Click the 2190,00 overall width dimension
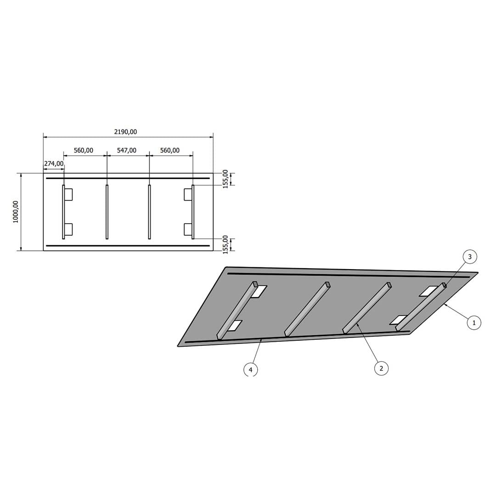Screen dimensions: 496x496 (125, 132)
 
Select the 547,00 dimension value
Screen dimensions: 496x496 (127, 150)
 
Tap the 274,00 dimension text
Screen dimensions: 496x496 (54, 163)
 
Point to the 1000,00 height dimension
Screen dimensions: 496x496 (16, 212)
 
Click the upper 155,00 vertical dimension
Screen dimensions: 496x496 (225, 179)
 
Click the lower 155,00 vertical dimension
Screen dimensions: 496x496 (225, 244)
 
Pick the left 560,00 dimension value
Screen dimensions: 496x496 (84, 150)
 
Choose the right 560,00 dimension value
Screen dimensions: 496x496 (170, 150)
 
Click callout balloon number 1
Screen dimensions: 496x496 (474, 323)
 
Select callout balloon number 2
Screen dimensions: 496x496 (381, 368)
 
